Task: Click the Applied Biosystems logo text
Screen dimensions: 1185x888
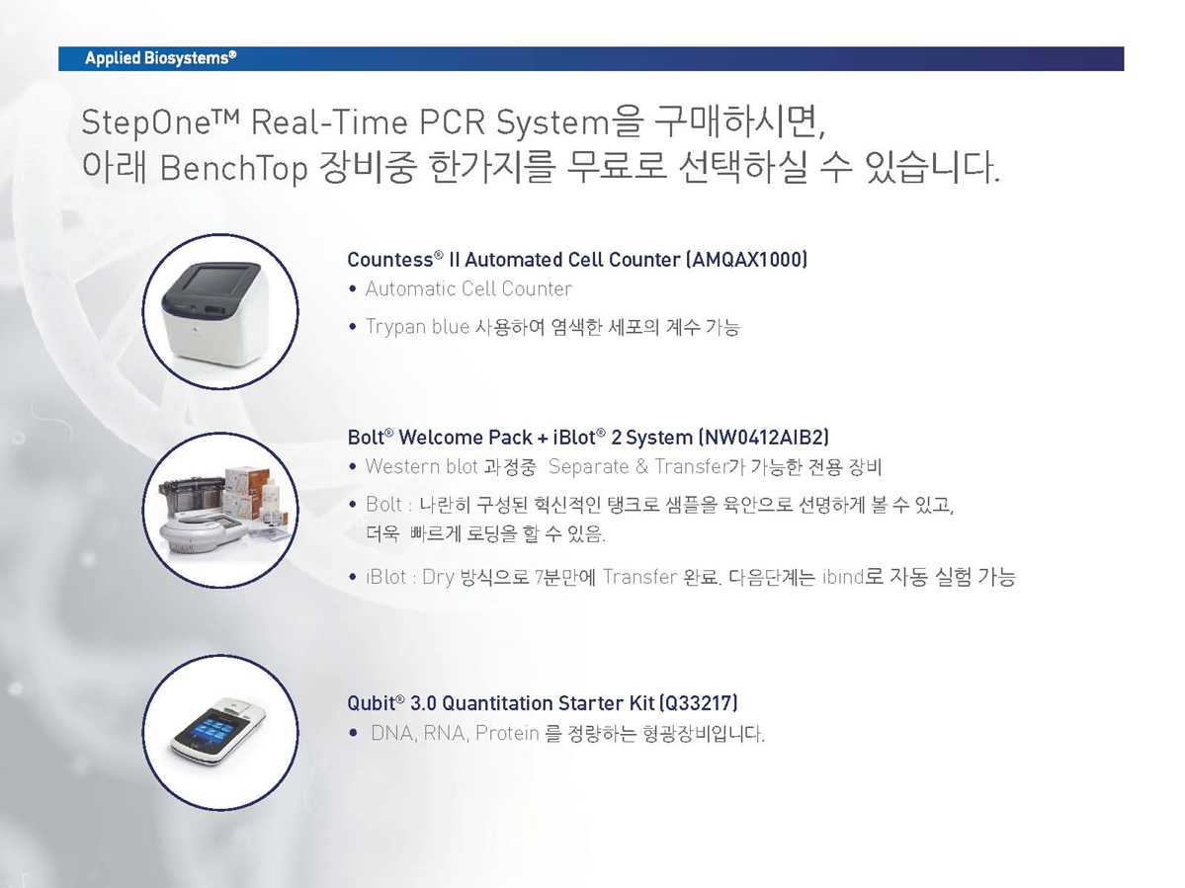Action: click(160, 58)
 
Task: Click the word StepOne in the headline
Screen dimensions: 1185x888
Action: click(145, 123)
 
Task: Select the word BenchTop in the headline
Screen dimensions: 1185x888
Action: click(233, 168)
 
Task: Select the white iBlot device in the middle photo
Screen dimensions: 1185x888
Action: click(203, 534)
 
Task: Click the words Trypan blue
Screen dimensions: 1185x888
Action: click(417, 327)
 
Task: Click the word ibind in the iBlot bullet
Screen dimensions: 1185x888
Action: click(843, 577)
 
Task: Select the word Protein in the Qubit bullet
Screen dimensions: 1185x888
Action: click(507, 733)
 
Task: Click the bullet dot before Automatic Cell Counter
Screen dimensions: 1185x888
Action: click(352, 289)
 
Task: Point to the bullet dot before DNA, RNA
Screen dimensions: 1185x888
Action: click(353, 733)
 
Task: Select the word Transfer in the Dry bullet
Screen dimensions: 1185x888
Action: click(639, 577)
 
